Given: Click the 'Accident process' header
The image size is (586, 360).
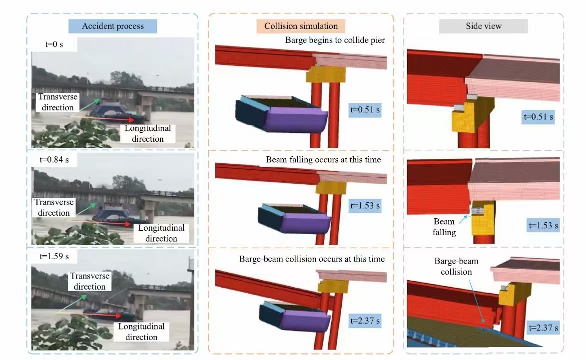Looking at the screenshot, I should click(x=112, y=26).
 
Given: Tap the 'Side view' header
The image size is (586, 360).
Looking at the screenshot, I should click(x=483, y=26).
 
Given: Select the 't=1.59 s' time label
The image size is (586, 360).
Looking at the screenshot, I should click(x=53, y=257).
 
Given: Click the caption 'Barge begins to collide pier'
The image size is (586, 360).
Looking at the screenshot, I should click(x=335, y=40).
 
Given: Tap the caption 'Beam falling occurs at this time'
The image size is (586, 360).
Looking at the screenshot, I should click(x=323, y=160).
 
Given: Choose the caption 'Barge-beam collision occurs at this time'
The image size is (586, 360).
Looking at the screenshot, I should click(x=312, y=259).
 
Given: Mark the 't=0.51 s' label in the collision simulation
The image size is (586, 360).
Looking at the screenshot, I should click(x=365, y=110).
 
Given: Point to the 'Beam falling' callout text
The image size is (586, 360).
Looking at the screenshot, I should click(x=444, y=227).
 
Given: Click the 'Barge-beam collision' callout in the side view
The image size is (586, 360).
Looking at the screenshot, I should click(x=456, y=266).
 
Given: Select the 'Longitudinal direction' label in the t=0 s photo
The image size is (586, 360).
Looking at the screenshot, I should click(x=147, y=133).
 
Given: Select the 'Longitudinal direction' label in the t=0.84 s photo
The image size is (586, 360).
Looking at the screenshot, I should click(x=161, y=233).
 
